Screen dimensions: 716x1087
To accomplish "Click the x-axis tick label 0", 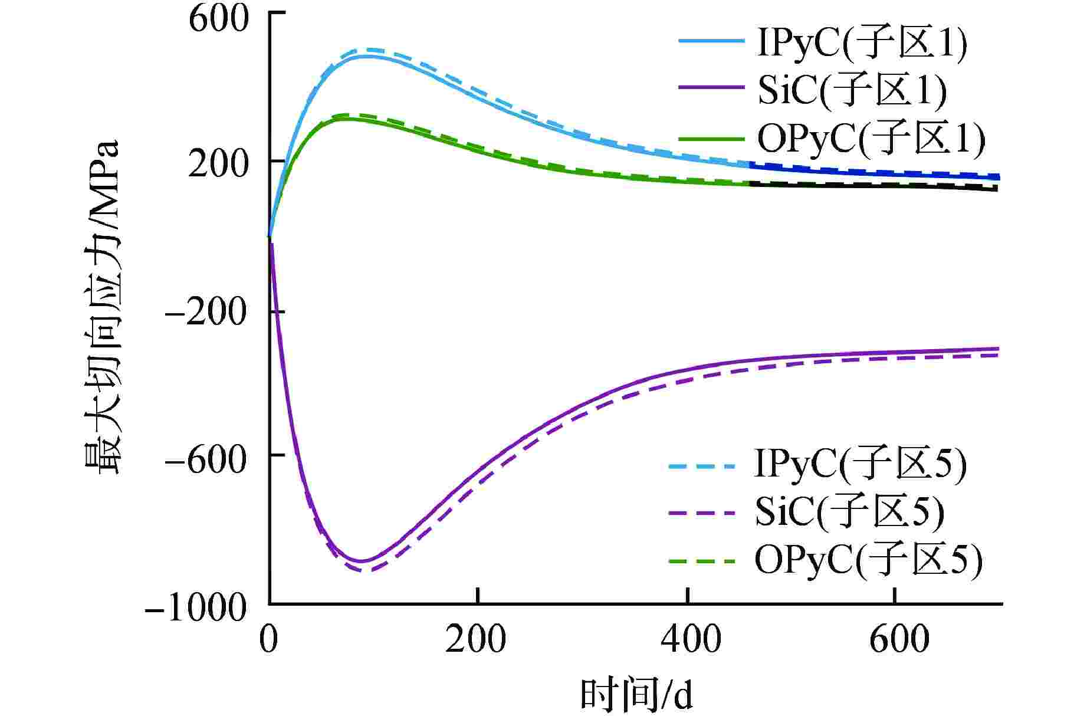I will click(x=269, y=639).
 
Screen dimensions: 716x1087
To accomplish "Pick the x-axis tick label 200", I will click(x=475, y=639).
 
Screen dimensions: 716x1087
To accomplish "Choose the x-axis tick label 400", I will click(x=688, y=639).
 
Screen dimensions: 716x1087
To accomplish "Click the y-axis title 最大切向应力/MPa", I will click(x=101, y=307).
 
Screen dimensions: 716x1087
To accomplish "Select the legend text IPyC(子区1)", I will click(x=862, y=44).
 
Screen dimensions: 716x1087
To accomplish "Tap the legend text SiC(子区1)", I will click(x=852, y=90).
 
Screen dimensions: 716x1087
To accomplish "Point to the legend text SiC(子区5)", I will click(x=850, y=512).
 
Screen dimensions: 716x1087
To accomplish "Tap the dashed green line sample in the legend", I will click(x=702, y=560).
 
